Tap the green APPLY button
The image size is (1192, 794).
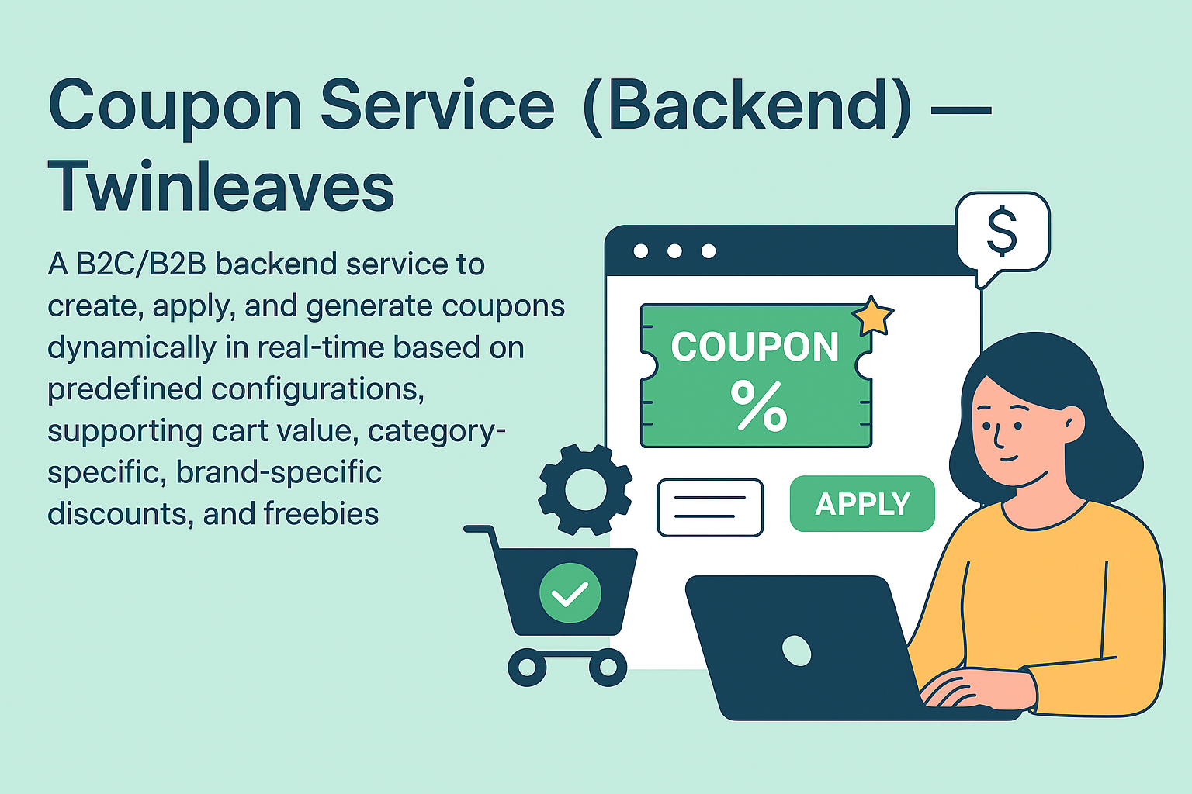pyautogui.click(x=862, y=504)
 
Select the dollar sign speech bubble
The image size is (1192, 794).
pyautogui.click(x=1002, y=232)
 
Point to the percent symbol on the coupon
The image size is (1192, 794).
pyautogui.click(x=758, y=406)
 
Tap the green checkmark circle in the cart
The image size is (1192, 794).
pyautogui.click(x=570, y=593)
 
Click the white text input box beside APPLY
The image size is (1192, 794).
pyautogui.click(x=710, y=507)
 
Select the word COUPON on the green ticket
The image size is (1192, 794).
pyautogui.click(x=755, y=347)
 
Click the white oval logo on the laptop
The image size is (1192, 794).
pyautogui.click(x=796, y=651)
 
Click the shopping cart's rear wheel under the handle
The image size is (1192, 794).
pyautogui.click(x=528, y=668)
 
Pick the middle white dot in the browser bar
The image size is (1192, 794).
pyautogui.click(x=674, y=251)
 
